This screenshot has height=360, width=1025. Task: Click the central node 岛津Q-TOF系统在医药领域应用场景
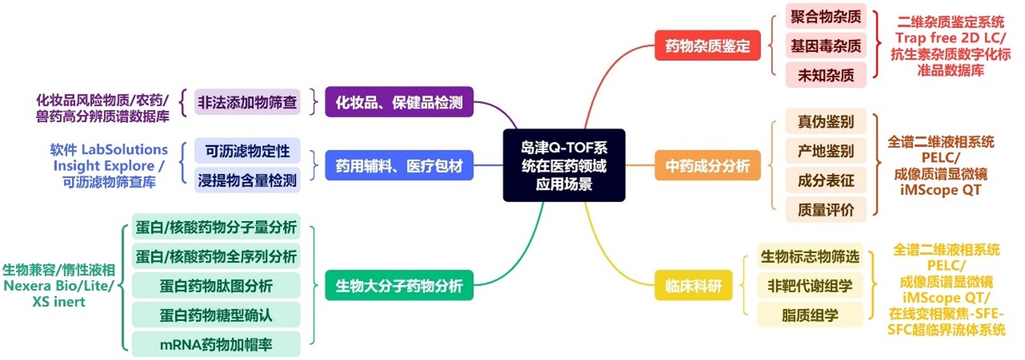point(564,164)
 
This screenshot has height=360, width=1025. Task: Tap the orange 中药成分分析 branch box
point(707,166)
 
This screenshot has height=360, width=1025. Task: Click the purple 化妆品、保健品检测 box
point(399,102)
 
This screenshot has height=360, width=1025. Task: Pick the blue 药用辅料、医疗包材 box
point(399,165)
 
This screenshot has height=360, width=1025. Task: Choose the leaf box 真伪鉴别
point(826,122)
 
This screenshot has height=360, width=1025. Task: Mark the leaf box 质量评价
point(826,210)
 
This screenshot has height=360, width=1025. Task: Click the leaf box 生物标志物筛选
point(810,256)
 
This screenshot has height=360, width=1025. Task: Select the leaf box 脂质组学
point(810,315)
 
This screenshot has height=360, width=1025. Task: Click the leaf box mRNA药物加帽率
point(216,344)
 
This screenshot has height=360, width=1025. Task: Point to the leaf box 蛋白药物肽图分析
point(216,286)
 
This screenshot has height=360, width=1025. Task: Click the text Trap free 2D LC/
point(949,38)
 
